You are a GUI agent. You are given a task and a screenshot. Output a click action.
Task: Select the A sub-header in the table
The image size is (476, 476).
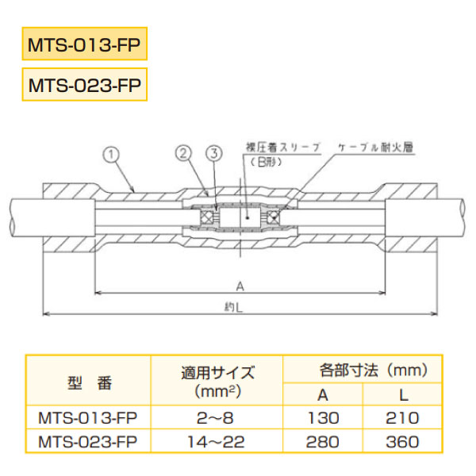coord(324,394)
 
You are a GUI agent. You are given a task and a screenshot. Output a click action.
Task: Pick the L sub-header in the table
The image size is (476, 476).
coord(401,394)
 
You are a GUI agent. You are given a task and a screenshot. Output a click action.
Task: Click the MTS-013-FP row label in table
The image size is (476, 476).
coord(87,417)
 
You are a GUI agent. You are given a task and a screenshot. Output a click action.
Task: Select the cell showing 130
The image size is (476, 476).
coord(324,417)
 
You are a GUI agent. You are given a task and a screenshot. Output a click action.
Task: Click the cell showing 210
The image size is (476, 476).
coord(401,417)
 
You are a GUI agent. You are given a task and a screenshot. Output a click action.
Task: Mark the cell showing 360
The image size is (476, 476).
coord(401,441)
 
